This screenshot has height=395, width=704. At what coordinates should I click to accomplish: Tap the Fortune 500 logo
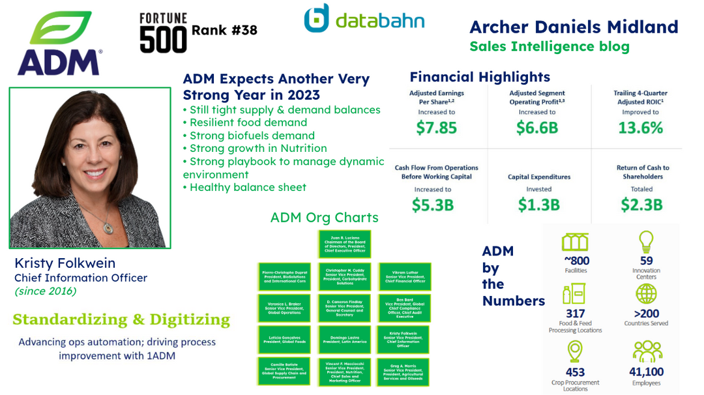point(163,33)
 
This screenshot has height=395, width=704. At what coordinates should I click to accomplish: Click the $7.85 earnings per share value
point(437,127)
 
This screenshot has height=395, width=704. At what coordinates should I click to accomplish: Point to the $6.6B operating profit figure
point(537,127)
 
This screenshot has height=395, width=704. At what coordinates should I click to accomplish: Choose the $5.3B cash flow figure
point(433,204)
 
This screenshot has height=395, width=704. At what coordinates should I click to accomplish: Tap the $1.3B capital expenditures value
point(538,204)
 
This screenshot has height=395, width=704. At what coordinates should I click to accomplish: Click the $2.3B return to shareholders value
point(641,204)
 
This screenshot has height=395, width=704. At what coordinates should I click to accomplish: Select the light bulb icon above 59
point(645,241)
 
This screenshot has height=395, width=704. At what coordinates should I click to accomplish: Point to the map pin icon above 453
point(574,351)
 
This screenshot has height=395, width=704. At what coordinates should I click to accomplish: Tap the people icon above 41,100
point(647,351)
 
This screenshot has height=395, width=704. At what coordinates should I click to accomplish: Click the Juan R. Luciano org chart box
point(345,244)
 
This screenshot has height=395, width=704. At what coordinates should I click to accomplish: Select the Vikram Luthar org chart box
point(405,277)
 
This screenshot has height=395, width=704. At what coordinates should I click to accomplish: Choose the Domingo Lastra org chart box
point(345,338)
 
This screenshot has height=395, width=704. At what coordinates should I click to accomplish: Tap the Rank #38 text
point(224,30)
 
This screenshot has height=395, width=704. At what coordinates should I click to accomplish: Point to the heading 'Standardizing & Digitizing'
point(121,319)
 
